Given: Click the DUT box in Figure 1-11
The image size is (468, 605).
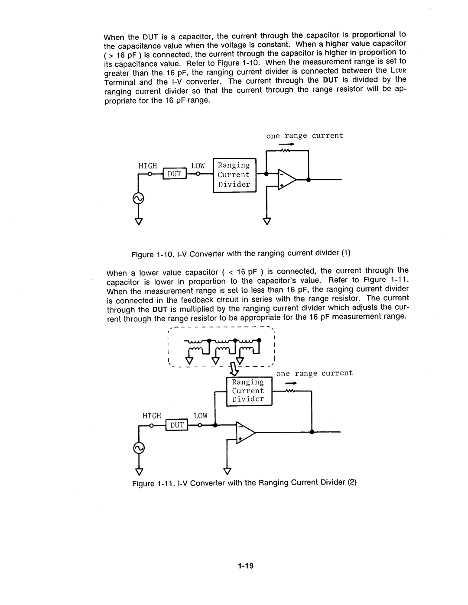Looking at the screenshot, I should [x=176, y=426].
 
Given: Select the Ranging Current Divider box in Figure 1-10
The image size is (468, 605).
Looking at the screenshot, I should [x=234, y=175].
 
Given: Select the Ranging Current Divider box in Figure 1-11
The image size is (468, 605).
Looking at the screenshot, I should [x=249, y=391].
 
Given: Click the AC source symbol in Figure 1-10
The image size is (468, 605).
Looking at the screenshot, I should [x=139, y=198].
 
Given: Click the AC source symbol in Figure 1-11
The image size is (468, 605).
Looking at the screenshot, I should [x=139, y=449].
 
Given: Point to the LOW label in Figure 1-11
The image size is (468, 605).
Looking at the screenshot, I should [x=201, y=416].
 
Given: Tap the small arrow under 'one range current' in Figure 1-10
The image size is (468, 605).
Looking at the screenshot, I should [x=284, y=144].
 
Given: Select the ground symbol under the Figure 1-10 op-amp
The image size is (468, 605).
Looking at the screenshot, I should [x=267, y=220].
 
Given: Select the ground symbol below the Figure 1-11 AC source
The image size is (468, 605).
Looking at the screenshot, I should [x=139, y=471].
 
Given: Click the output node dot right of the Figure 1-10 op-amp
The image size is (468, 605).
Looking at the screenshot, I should [x=308, y=179].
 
